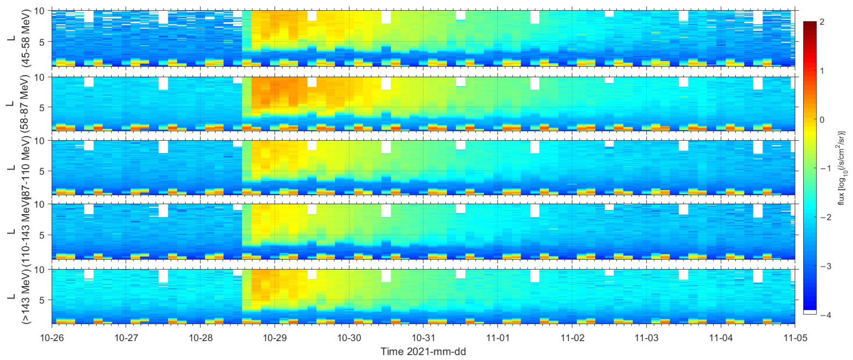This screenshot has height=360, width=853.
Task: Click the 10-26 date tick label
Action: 52,338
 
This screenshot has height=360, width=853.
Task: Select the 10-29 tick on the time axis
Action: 274,338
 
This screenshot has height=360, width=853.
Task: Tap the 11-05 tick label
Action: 795,338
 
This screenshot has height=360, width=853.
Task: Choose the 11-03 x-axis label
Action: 646,338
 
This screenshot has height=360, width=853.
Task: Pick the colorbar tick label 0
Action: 822,120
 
